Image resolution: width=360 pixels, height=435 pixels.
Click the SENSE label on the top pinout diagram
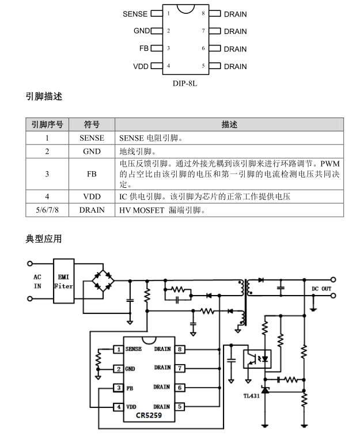click(135, 14)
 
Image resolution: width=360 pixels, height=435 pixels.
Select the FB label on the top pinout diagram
click(143, 48)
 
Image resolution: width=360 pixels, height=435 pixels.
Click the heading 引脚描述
click(44, 97)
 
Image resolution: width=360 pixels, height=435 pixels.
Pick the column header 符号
click(92, 124)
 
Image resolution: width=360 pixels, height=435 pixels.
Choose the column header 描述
click(229, 124)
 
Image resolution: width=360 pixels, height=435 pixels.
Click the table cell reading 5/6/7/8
click(47, 210)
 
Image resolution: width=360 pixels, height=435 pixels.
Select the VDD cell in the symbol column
click(92, 196)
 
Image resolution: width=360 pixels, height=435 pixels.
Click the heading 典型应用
click(44, 239)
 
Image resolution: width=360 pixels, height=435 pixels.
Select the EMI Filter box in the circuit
click(63, 281)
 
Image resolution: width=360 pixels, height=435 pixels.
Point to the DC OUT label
click(321, 289)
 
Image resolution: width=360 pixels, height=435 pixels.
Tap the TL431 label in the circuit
click(251, 396)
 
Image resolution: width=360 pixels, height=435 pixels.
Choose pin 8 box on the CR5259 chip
click(180, 349)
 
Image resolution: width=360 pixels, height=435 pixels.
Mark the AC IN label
click(37, 281)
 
